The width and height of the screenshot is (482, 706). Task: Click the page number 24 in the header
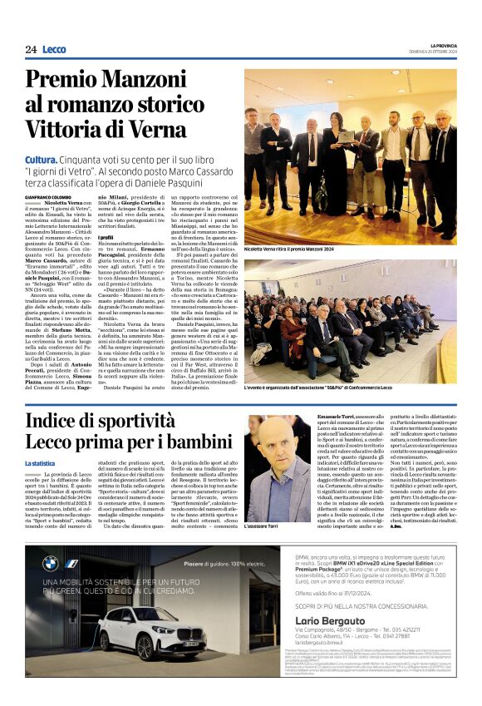(x=31, y=50)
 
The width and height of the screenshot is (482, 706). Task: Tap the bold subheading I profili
(x=106, y=238)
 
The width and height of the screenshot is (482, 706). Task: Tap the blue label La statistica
(x=40, y=463)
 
